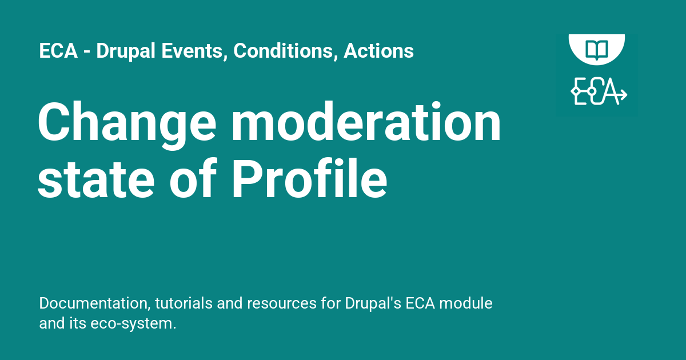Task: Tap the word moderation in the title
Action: point(366,123)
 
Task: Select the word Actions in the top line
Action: point(378,51)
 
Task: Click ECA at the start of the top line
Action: point(57,51)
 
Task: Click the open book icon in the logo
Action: point(597,48)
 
